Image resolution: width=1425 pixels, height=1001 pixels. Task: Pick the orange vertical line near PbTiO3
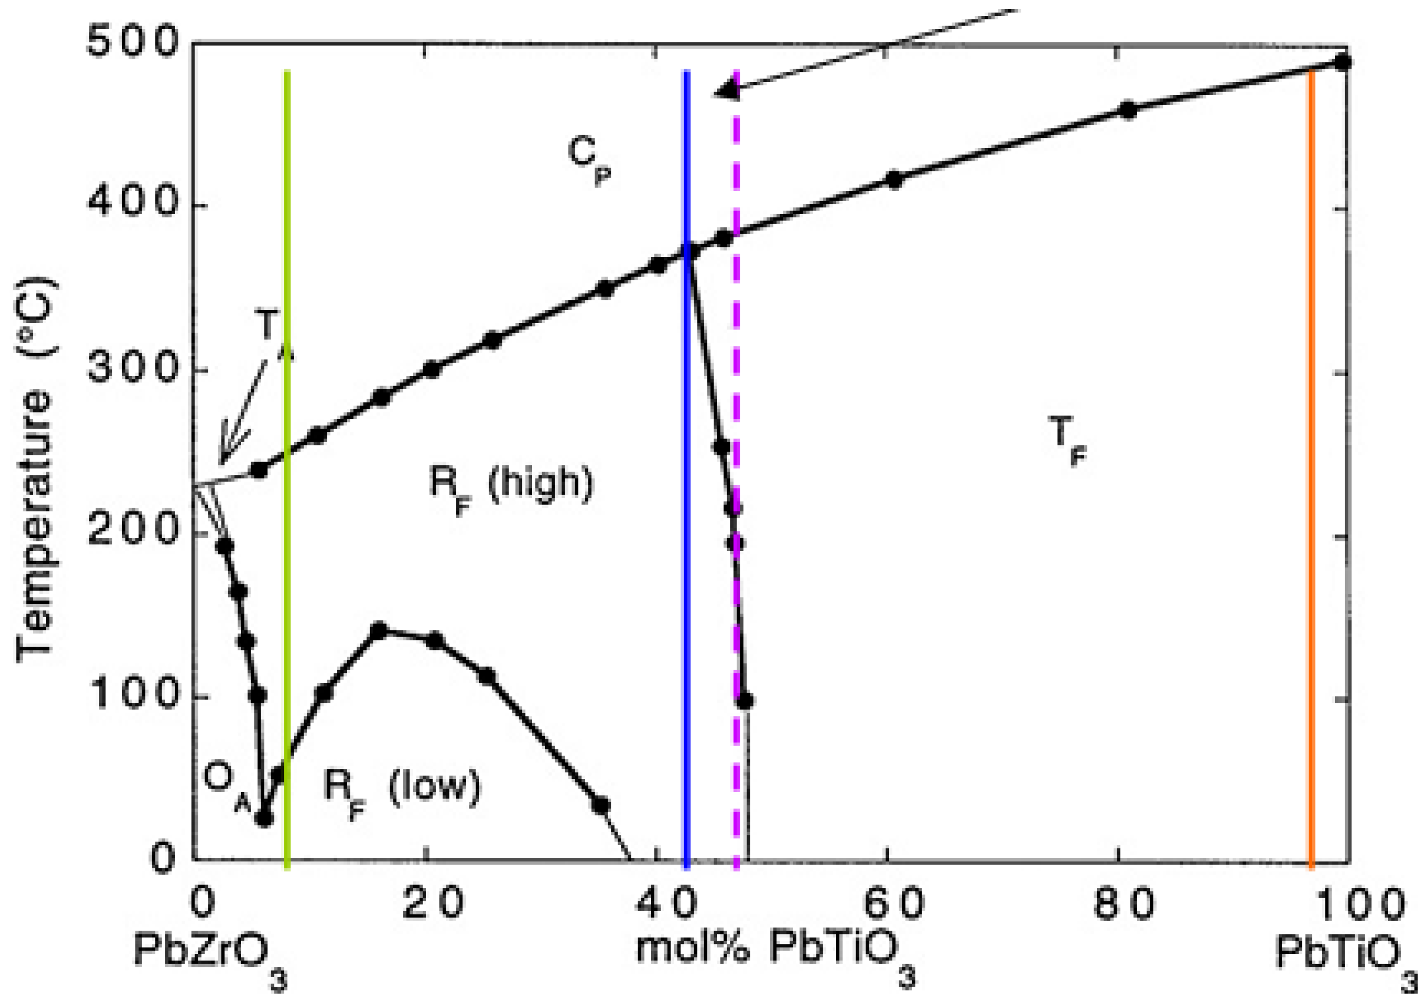(x=1311, y=497)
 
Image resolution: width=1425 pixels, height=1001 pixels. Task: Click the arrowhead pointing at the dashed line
(x=726, y=90)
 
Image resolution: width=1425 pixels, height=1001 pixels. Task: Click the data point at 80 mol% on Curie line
(x=1128, y=111)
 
